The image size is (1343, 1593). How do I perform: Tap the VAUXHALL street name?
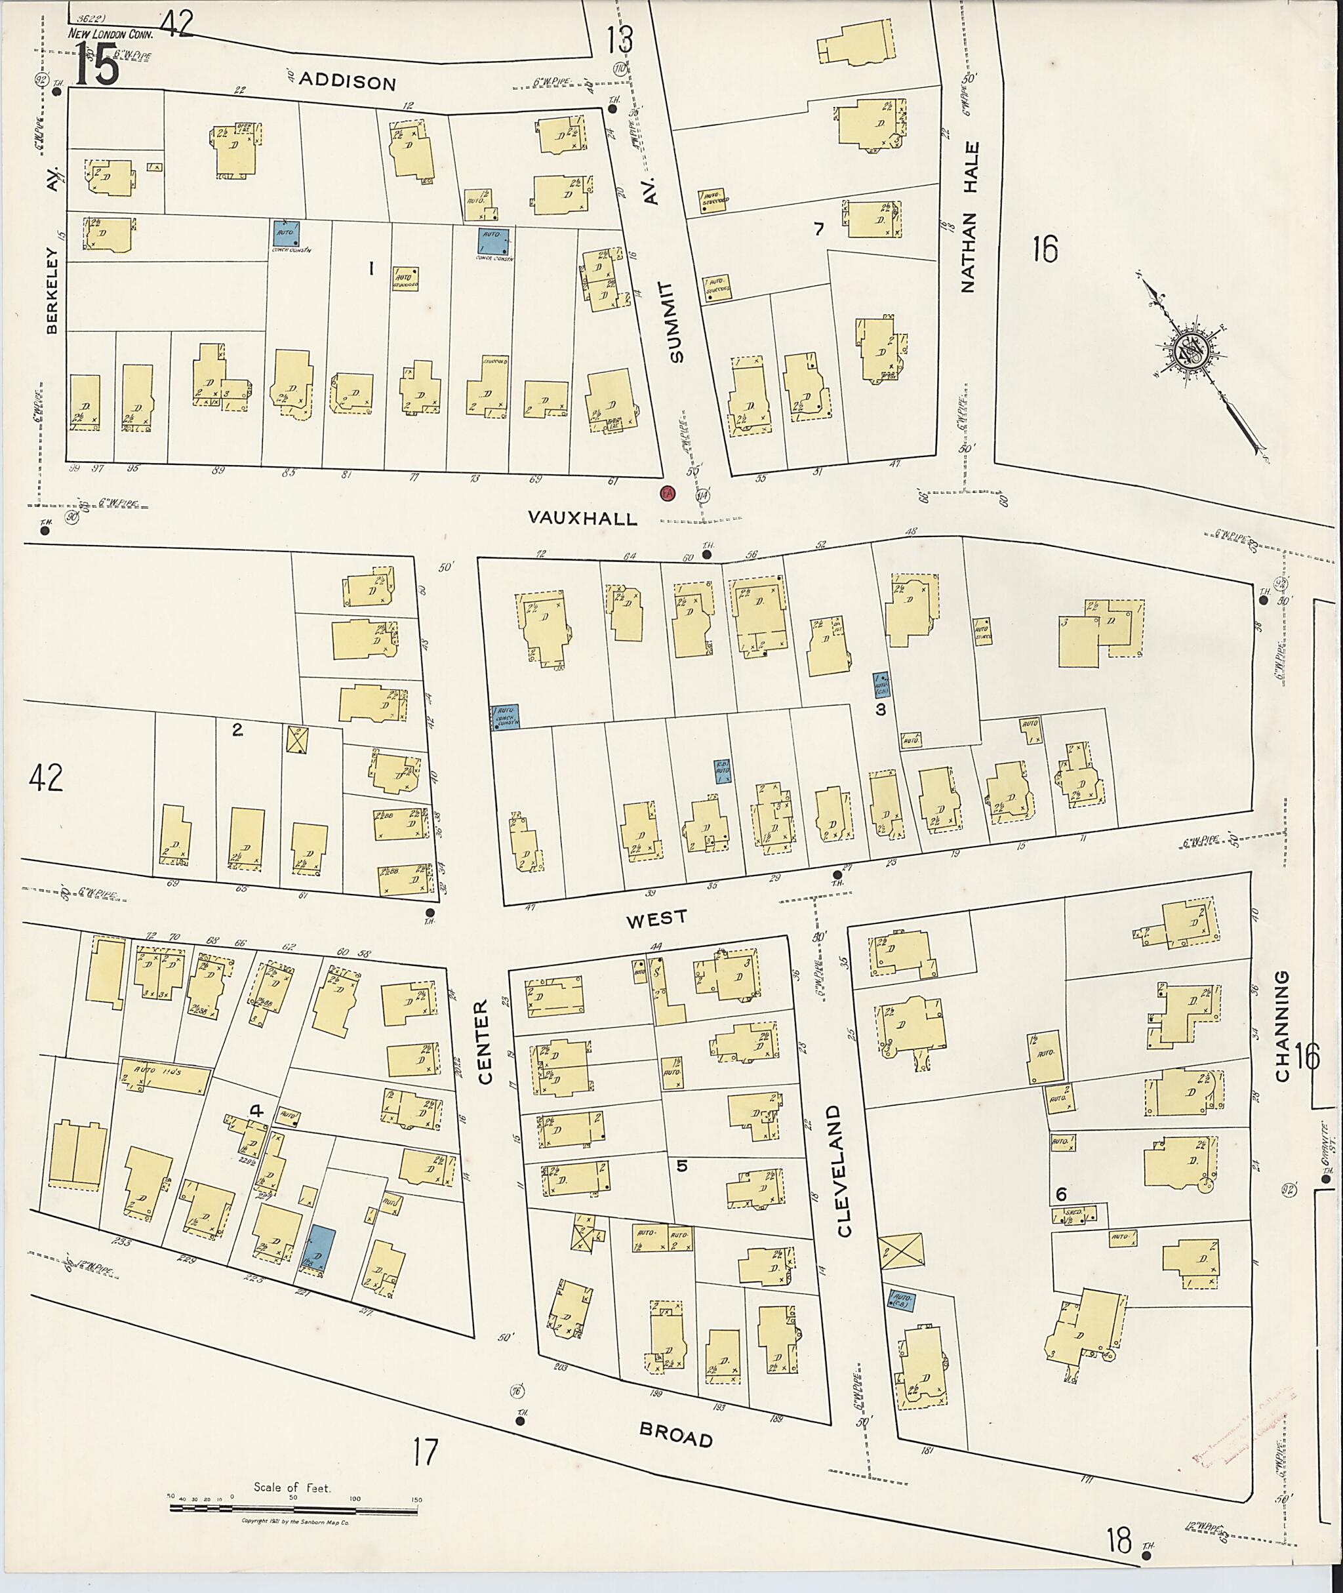coord(582,519)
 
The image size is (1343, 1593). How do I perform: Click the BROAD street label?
coord(676,1436)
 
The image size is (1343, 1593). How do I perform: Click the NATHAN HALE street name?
coord(969,217)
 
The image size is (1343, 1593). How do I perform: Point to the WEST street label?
coord(656,918)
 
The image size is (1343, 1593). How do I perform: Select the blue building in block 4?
coord(319,1249)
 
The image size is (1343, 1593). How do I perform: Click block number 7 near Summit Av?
coord(818,228)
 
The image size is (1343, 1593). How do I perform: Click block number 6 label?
coord(1060,1192)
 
